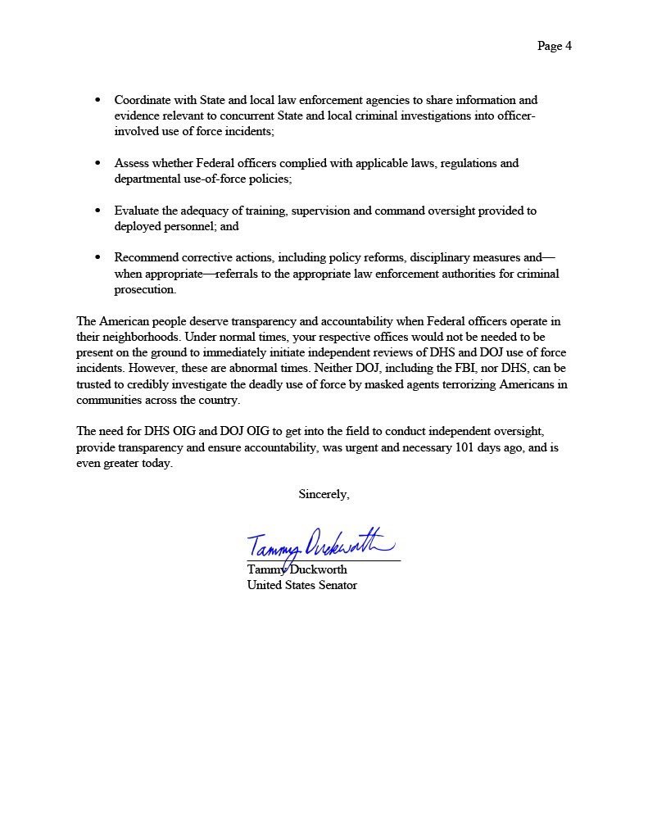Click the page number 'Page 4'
click(554, 46)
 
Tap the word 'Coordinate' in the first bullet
click(143, 100)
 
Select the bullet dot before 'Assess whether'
click(98, 163)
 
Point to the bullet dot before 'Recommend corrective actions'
click(98, 258)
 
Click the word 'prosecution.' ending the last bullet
click(145, 290)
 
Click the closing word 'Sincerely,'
click(324, 494)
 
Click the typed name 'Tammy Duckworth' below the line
click(297, 569)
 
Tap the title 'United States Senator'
click(301, 585)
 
